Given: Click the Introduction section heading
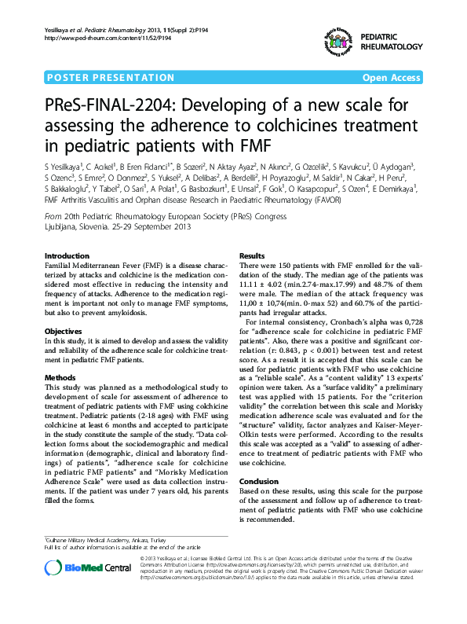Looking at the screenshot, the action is coord(67,256).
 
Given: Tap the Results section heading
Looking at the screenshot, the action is coord(252,256).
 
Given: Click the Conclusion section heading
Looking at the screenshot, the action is coord(258,482).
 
